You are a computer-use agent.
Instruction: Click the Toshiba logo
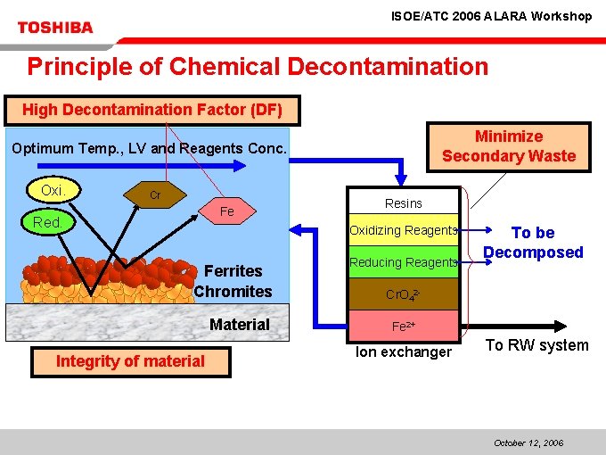pos(55,28)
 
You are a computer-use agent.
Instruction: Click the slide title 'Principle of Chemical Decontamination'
pos(258,67)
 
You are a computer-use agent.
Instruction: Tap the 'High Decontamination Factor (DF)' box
pos(152,111)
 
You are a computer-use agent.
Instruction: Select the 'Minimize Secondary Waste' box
pos(509,146)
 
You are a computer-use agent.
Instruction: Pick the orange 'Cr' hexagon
pos(154,195)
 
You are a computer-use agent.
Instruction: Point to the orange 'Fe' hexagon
pos(227,211)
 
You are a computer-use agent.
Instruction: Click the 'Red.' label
pos(47,222)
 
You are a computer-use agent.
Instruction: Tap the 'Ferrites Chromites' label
pos(233,281)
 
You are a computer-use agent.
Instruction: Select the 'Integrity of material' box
pos(130,361)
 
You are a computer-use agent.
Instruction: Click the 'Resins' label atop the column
pos(404,203)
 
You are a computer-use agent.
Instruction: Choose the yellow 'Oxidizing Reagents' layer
pos(403,230)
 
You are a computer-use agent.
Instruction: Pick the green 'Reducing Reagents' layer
pos(403,262)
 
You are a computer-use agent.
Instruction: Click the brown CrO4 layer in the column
pos(403,294)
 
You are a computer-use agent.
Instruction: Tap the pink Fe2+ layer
pos(403,327)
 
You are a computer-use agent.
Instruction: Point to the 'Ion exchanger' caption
pos(404,352)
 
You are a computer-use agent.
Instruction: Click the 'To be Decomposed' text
pos(533,242)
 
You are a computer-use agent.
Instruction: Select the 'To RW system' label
pos(536,345)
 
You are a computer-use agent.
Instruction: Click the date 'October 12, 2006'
pos(528,443)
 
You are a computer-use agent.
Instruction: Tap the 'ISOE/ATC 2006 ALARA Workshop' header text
pos(492,16)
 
